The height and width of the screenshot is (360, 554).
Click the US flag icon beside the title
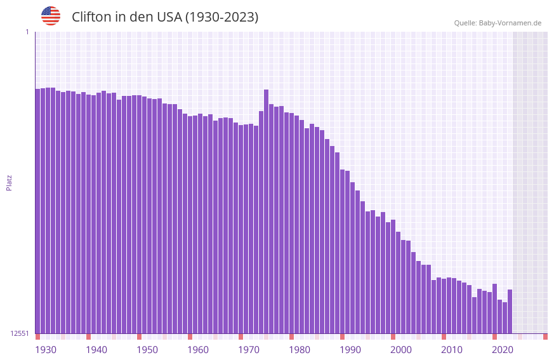click(51, 16)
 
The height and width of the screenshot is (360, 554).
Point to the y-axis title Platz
click(9, 182)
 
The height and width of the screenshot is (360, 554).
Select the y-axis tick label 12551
click(20, 333)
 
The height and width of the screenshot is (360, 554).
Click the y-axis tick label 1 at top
click(27, 32)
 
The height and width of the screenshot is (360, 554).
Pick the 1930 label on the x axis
click(46, 350)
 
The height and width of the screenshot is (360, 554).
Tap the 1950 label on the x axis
click(147, 350)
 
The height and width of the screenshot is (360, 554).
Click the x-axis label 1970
click(249, 350)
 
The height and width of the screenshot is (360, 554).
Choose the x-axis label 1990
click(350, 350)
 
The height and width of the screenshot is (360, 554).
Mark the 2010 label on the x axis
click(452, 350)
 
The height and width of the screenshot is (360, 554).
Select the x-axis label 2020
click(503, 350)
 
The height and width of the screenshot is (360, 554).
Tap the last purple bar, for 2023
click(510, 311)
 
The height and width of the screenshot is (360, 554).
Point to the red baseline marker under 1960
click(190, 337)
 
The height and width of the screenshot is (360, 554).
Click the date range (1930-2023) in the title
click(221, 17)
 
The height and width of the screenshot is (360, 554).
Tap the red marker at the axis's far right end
click(545, 337)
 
